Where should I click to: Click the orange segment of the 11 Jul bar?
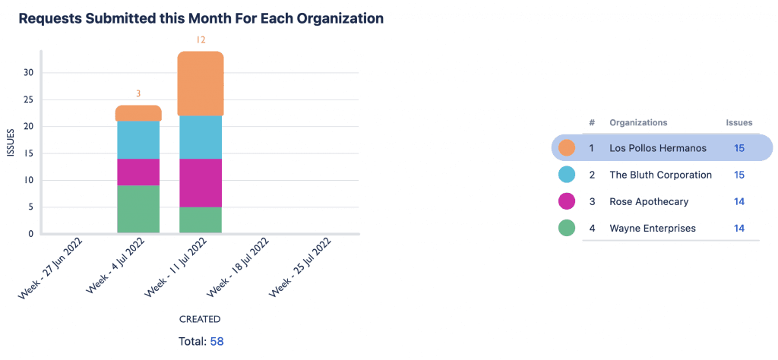(x=201, y=84)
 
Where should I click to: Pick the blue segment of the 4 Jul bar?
(x=138, y=140)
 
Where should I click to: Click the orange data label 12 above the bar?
(x=201, y=39)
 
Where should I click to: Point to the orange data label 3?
(x=138, y=94)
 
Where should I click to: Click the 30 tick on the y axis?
(x=29, y=73)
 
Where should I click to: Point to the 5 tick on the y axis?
(x=31, y=207)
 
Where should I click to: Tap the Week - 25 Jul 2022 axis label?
(x=302, y=269)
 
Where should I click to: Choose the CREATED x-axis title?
(x=200, y=319)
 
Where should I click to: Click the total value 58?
(x=217, y=342)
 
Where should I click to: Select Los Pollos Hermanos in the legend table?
(x=657, y=148)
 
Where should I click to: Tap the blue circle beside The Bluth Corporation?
(x=566, y=175)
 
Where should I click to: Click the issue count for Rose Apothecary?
(x=738, y=201)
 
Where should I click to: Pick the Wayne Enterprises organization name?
(x=652, y=228)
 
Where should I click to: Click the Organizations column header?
(x=638, y=122)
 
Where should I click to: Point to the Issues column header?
(x=738, y=122)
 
